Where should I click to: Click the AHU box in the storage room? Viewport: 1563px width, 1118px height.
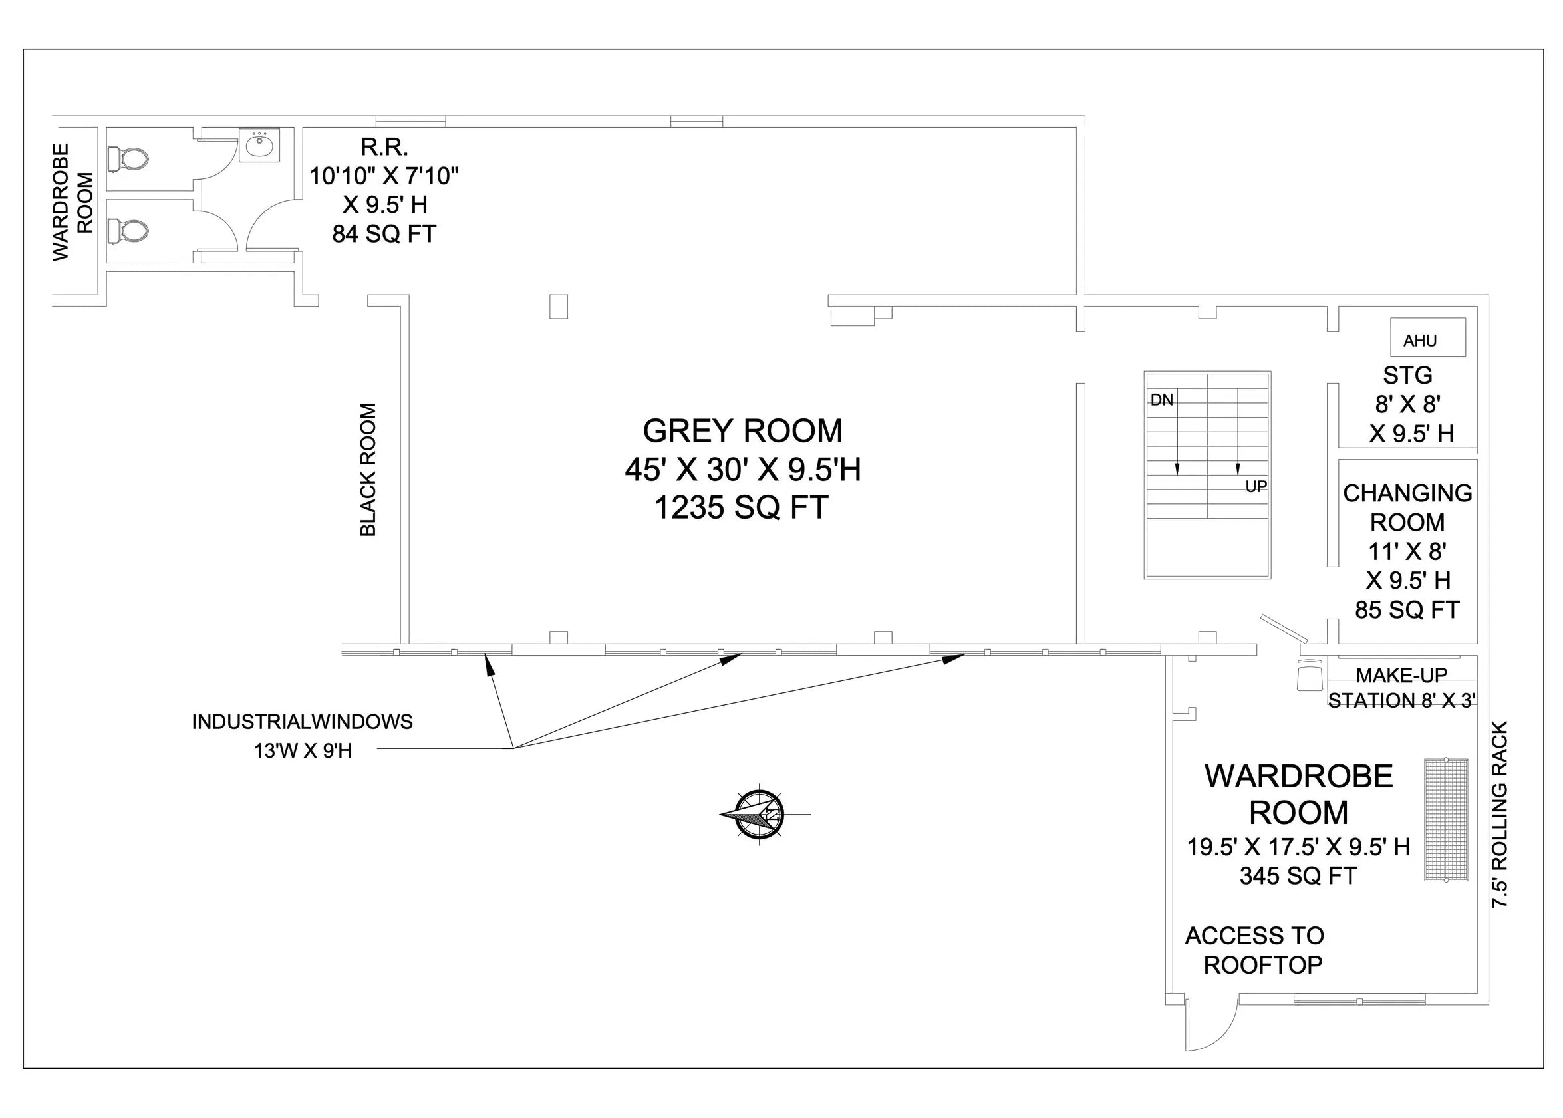click(1427, 337)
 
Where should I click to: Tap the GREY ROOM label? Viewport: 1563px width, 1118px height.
click(743, 431)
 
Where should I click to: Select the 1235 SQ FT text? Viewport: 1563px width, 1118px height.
click(741, 508)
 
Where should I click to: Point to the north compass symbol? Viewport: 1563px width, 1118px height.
click(760, 815)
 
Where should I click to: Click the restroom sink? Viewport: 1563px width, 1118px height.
click(259, 145)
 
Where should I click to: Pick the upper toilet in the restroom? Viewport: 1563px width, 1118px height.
click(129, 160)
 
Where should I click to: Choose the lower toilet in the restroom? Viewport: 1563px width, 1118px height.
click(129, 230)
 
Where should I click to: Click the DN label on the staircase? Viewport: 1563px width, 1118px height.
click(1162, 400)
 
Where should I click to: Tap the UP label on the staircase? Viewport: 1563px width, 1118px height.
click(1256, 487)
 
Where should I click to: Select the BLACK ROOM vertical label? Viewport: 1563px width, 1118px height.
click(368, 470)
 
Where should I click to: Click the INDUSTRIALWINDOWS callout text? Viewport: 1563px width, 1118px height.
click(302, 722)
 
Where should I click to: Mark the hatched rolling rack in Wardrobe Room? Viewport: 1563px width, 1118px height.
click(1446, 819)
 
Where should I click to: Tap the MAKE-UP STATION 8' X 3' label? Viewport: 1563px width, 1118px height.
click(1401, 688)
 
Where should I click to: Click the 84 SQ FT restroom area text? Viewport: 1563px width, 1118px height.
click(384, 234)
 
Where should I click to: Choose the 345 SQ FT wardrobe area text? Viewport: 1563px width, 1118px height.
click(1298, 876)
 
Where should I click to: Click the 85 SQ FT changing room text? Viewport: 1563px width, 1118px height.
click(1407, 609)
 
